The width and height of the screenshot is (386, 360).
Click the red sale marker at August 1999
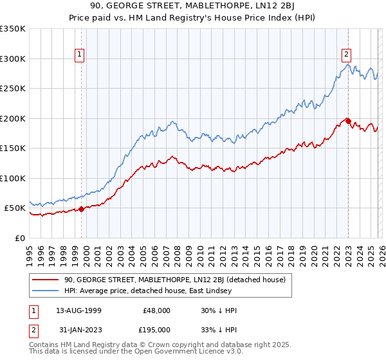click(x=82, y=208)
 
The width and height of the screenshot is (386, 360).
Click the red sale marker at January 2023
click(x=348, y=120)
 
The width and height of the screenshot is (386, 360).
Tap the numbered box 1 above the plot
click(x=80, y=55)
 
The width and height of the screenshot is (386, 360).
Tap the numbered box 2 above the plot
click(x=346, y=55)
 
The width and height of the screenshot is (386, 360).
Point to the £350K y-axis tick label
click(x=13, y=29)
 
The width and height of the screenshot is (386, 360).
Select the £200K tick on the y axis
click(x=13, y=118)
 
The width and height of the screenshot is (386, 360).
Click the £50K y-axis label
click(x=15, y=208)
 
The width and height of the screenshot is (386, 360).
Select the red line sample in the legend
click(x=45, y=280)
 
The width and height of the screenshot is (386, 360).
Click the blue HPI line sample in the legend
click(x=45, y=291)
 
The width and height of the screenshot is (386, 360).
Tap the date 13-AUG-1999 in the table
click(x=78, y=310)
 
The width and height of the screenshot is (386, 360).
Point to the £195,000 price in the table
click(x=157, y=330)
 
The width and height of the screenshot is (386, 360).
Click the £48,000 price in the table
click(x=157, y=310)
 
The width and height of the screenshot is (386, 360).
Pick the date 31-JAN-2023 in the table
click(x=78, y=330)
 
